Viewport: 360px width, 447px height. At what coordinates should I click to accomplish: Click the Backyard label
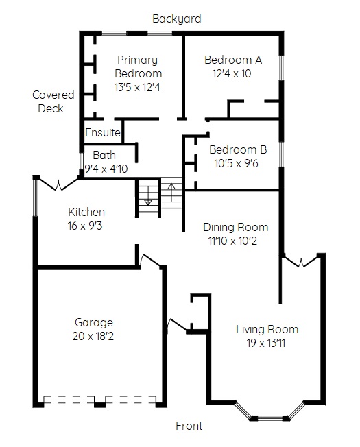pos(177,19)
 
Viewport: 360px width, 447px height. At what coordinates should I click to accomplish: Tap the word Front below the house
pos(189,426)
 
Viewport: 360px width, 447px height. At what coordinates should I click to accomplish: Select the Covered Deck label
pos(53,101)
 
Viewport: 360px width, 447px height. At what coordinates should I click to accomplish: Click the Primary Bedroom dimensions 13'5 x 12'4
pos(137,87)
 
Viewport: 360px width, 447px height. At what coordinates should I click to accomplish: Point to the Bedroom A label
pos(233,60)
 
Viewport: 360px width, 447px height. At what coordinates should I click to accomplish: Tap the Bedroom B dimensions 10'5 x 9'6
pos(237,163)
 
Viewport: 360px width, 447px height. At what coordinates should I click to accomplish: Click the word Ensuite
pos(103,132)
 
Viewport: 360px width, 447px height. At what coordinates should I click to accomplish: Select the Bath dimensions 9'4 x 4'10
pos(106,169)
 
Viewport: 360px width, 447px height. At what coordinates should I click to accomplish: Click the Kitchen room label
pos(86,212)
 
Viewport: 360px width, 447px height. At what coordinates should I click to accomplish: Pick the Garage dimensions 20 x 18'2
pos(93,336)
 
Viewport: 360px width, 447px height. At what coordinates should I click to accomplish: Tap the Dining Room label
pos(236,227)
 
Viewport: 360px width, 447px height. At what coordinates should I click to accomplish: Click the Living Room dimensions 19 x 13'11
pos(266,343)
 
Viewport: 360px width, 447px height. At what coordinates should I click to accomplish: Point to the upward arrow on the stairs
pos(171,193)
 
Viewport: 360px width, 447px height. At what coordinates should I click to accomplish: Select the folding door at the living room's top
pos(301,261)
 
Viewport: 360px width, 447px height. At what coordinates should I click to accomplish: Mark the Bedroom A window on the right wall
pos(281,68)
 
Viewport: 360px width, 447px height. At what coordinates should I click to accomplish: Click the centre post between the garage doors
pos(99,404)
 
